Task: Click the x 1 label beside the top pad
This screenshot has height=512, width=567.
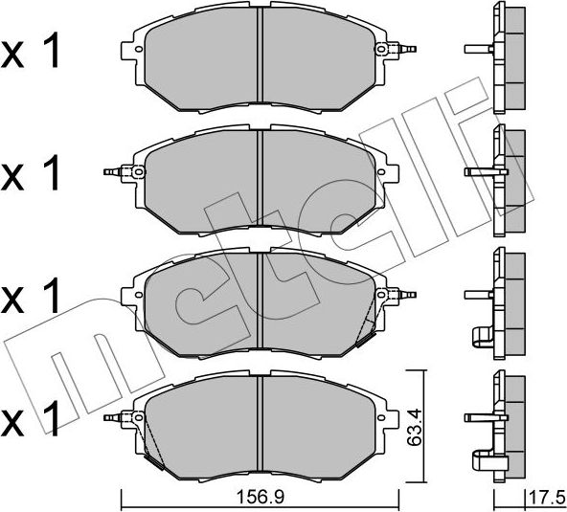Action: [x=31, y=55]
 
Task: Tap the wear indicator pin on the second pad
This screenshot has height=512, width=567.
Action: [x=112, y=172]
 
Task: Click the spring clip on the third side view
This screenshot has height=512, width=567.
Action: [x=481, y=334]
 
